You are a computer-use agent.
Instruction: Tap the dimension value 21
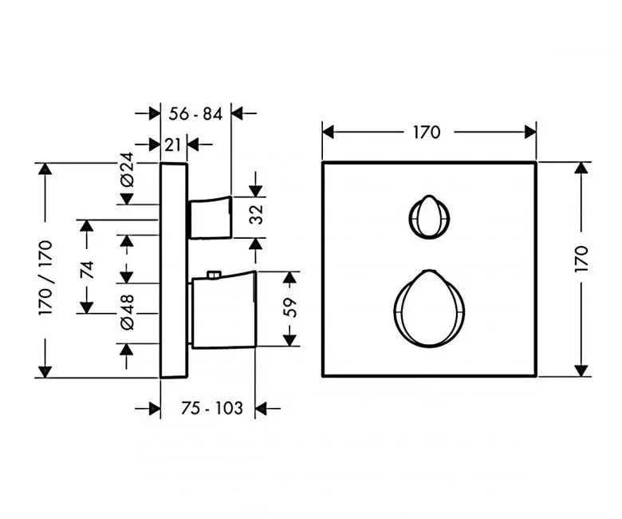tap(175, 144)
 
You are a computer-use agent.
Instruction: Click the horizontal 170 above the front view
tap(427, 132)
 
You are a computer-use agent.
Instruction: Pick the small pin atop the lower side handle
tap(212, 276)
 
